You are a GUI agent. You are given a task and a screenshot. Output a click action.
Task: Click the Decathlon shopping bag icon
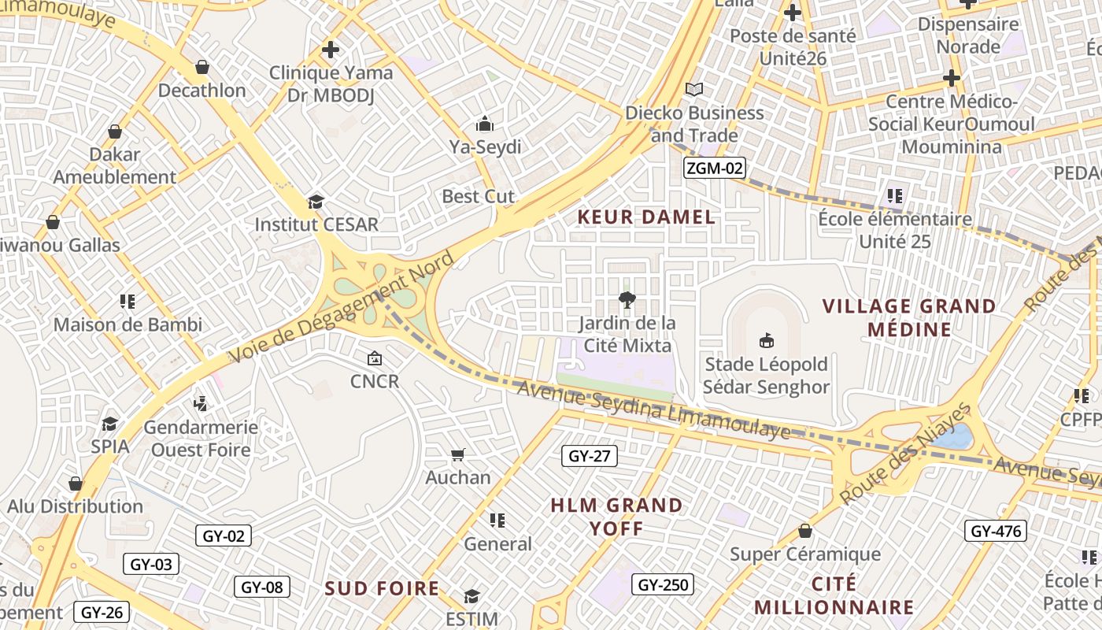202,67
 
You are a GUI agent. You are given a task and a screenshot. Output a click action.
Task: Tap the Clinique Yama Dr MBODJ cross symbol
331,50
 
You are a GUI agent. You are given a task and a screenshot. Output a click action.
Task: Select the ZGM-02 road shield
714,168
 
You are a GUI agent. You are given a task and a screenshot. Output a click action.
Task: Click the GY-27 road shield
590,456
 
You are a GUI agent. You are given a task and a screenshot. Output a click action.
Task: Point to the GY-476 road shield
996,531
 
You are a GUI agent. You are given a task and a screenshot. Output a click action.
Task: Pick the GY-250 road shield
663,584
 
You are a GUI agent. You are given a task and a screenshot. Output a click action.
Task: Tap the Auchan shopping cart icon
457,454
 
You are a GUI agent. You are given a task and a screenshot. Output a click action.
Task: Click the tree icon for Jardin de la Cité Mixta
627,299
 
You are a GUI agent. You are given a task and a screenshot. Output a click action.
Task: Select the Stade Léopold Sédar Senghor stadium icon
765,340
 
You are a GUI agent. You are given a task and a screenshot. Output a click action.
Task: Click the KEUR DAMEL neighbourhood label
646,217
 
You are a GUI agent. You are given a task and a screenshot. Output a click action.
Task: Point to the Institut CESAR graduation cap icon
316,202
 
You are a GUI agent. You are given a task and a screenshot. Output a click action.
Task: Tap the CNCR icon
375,358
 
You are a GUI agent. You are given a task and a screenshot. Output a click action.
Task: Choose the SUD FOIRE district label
382,588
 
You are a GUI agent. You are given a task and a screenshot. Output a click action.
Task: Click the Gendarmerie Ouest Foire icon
200,404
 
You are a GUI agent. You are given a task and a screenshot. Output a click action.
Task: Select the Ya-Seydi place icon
484,124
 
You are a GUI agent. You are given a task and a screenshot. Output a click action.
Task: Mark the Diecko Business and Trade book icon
693,90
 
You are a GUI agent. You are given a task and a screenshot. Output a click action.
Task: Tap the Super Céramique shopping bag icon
804,531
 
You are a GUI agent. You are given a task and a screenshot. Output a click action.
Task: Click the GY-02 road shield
224,536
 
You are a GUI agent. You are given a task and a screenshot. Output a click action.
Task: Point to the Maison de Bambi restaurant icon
128,301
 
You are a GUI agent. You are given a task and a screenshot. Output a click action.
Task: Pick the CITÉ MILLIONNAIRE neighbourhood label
834,595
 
